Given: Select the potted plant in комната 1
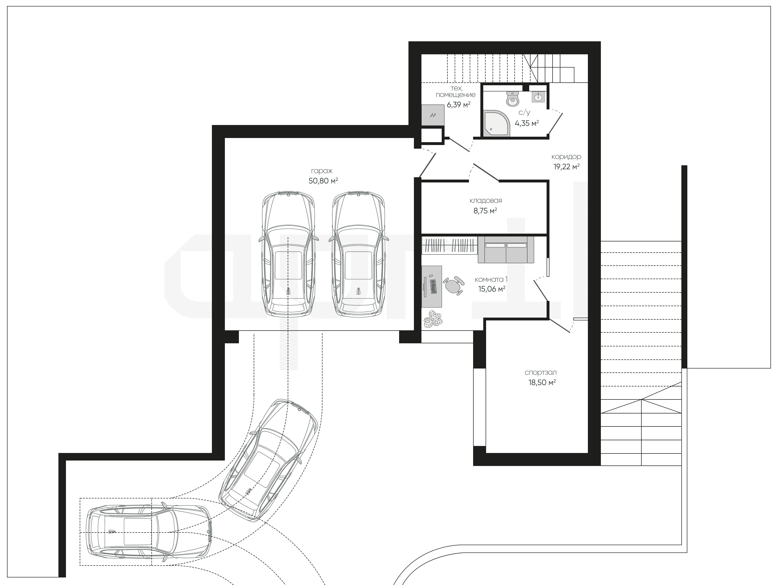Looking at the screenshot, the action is (x=433, y=320).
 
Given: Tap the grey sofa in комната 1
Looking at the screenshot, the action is (x=506, y=250).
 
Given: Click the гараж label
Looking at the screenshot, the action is (x=321, y=171).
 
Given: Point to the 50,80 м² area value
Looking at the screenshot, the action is (x=323, y=181).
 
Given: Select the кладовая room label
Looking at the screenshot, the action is (x=486, y=201).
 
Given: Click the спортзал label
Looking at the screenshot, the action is (x=541, y=372).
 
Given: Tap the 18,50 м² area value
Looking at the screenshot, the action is (x=542, y=382).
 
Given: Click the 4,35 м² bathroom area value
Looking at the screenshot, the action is (x=527, y=123).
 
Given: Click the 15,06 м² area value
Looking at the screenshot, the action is (x=492, y=289).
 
